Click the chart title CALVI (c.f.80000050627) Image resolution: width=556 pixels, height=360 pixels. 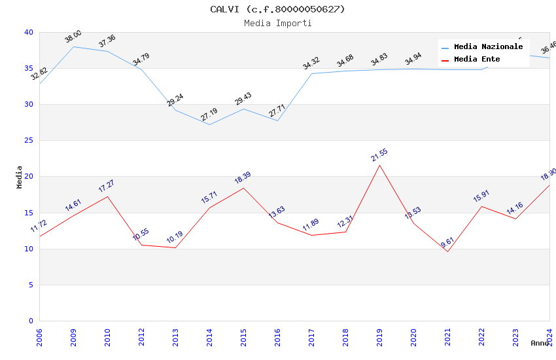pos(277,9)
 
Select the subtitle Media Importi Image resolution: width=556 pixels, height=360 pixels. pos(277,23)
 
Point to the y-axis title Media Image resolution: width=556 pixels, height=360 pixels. pos(20,177)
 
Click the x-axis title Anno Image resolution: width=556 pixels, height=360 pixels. pos(540,343)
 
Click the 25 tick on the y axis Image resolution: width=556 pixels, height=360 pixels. pos(28,140)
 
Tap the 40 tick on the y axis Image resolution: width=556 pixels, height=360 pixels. pos(28,32)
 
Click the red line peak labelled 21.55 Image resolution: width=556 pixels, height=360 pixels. pos(379,165)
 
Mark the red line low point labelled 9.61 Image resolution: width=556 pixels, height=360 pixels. pos(447,251)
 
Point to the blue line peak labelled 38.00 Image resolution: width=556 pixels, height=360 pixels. pos(73,46)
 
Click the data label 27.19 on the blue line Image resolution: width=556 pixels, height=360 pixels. pos(209,115)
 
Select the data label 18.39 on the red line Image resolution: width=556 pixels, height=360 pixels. pos(243,177)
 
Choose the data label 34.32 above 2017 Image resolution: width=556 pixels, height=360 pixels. pos(311,63)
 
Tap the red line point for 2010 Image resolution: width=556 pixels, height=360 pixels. pos(107,196)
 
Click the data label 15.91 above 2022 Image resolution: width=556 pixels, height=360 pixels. pos(481,196)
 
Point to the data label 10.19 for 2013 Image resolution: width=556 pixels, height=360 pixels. pos(175,237)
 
